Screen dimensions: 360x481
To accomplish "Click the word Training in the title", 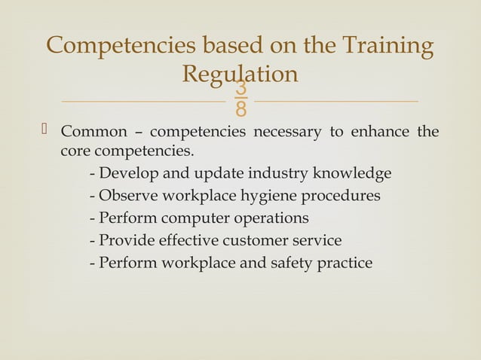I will click(389, 46).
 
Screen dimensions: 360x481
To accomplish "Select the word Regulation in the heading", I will click(240, 74).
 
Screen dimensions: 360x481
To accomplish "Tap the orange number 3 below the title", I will click(240, 90).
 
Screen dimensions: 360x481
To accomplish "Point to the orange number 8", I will click(240, 111).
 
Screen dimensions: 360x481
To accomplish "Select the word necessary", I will click(289, 133).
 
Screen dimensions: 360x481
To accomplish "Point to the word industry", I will click(278, 173).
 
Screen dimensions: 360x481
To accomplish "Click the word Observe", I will click(128, 196).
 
